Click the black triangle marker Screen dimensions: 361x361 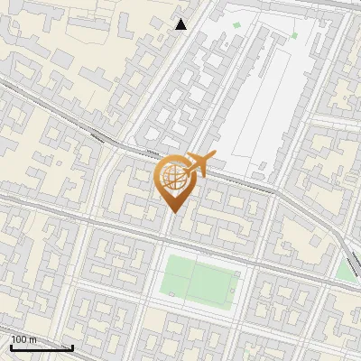181,24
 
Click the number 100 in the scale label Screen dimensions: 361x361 19,339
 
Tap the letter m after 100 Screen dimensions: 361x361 32,339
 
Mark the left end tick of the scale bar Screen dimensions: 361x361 11,347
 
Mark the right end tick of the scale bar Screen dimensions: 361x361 72,347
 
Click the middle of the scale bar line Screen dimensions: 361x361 42,347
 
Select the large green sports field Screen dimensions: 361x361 200,280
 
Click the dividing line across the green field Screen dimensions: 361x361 190,280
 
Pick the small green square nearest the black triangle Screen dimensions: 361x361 237,25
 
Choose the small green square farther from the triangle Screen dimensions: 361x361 294,36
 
